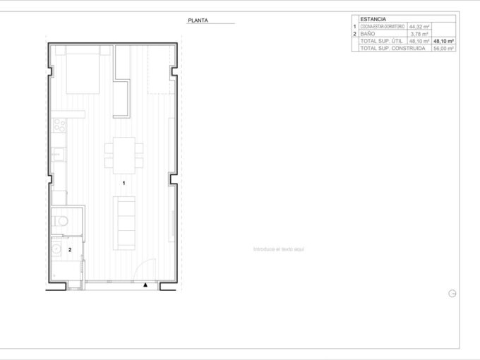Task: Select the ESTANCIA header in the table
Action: pos(373,19)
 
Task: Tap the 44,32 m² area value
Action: pos(419,26)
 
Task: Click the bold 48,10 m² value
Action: pos(444,42)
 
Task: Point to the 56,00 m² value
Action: pos(444,49)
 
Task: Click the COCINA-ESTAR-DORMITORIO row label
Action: pos(383,26)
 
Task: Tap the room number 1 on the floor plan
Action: pos(124,183)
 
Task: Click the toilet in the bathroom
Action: pos(61,221)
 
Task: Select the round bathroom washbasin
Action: pos(55,249)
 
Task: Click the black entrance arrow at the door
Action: pos(144,285)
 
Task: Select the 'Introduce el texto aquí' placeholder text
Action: pos(279,249)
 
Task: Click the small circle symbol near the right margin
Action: pos(452,294)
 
